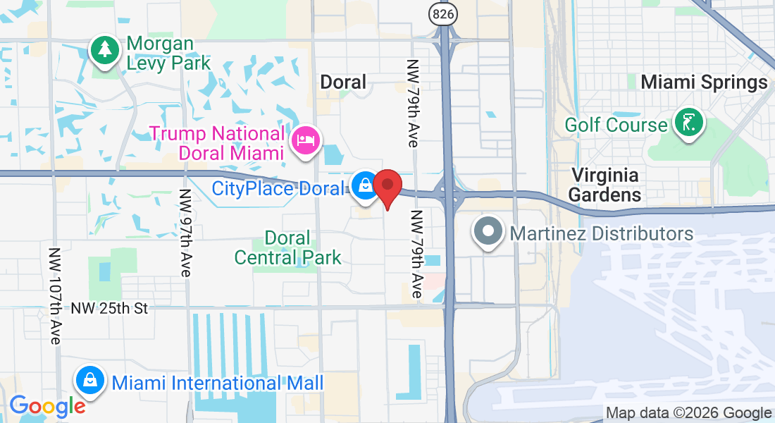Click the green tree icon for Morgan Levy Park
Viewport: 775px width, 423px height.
(105, 50)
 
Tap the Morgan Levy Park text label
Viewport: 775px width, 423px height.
(168, 54)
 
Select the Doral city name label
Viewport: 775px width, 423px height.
(343, 82)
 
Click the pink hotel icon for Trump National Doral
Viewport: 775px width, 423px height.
(306, 140)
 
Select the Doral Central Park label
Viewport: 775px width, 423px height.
(287, 247)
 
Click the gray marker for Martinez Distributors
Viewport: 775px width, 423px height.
(487, 231)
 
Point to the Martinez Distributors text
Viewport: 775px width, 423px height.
(602, 233)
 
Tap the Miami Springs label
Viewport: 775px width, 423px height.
(703, 82)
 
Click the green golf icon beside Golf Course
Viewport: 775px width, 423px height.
(688, 124)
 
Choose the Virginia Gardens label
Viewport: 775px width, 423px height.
(605, 184)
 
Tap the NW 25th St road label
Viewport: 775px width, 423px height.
(109, 308)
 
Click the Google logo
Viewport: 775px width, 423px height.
(47, 405)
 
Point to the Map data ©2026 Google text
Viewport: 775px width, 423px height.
(688, 413)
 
